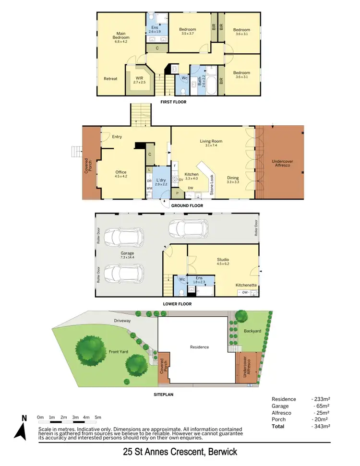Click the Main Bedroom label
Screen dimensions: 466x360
coord(121,35)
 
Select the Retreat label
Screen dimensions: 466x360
coord(110,79)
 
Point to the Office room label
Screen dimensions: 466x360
coord(120,174)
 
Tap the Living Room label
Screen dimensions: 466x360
coord(211,143)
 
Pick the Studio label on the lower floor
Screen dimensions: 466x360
coord(223,261)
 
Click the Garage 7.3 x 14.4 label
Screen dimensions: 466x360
coord(127,255)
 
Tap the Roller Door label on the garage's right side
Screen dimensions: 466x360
coord(256,227)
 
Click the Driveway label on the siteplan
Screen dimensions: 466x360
coord(123,320)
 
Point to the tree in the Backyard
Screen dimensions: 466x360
coord(241,315)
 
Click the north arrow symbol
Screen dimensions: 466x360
coord(20,428)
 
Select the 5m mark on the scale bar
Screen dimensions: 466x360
coord(97,417)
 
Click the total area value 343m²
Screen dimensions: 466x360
coord(321,426)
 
